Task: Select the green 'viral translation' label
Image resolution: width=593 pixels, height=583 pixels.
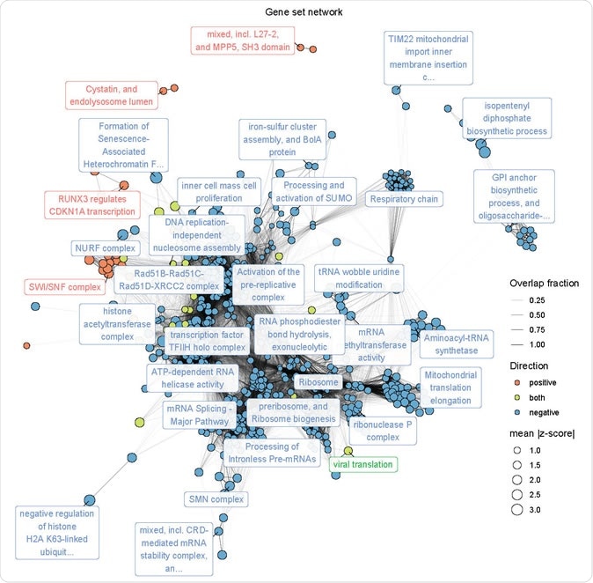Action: tap(362, 464)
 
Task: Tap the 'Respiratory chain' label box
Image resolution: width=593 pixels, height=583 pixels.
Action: tap(404, 200)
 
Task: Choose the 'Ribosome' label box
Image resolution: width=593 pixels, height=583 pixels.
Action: tap(318, 382)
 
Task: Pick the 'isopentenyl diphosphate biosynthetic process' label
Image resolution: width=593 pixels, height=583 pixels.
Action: tap(505, 118)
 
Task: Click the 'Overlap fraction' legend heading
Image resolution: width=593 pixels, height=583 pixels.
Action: tap(545, 283)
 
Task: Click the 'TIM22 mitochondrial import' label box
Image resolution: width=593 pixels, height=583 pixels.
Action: tap(428, 58)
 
